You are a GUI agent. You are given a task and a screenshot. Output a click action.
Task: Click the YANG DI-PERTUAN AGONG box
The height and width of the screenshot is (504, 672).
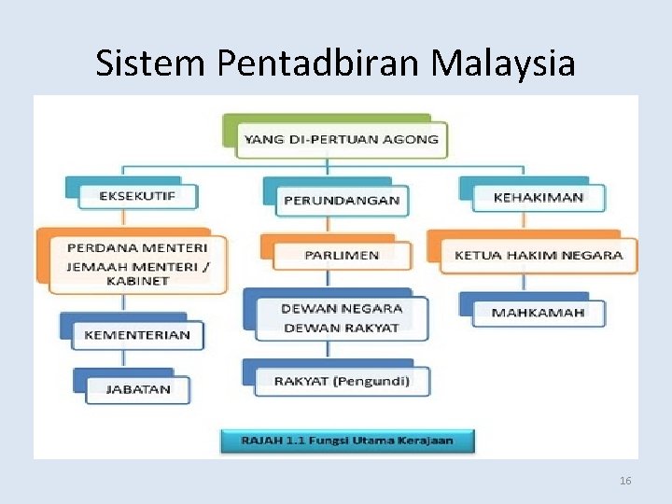[341, 140]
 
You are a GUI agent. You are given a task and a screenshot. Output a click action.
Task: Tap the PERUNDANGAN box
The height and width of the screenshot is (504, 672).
[342, 199]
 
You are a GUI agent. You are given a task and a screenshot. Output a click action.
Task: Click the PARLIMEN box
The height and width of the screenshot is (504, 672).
[342, 254]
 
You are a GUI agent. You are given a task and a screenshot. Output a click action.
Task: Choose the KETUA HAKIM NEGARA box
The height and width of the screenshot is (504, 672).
[539, 255]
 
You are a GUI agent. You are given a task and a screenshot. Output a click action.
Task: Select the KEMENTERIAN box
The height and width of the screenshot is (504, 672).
[137, 334]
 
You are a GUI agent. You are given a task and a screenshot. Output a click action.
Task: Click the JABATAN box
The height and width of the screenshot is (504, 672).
[138, 389]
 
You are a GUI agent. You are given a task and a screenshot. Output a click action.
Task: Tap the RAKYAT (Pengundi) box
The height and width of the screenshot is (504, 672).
[341, 381]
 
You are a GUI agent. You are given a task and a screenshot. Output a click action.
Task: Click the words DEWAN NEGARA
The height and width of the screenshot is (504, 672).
[342, 308]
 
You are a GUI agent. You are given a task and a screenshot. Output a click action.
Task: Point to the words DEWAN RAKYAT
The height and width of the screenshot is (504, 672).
[342, 328]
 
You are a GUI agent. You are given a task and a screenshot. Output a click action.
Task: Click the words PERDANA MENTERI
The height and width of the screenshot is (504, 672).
[137, 247]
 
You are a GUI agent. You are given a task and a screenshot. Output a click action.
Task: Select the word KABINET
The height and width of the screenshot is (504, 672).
[137, 281]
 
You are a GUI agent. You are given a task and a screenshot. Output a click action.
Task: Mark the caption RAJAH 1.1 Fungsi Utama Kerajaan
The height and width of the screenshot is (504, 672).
[347, 441]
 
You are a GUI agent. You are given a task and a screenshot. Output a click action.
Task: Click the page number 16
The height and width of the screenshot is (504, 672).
[625, 481]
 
